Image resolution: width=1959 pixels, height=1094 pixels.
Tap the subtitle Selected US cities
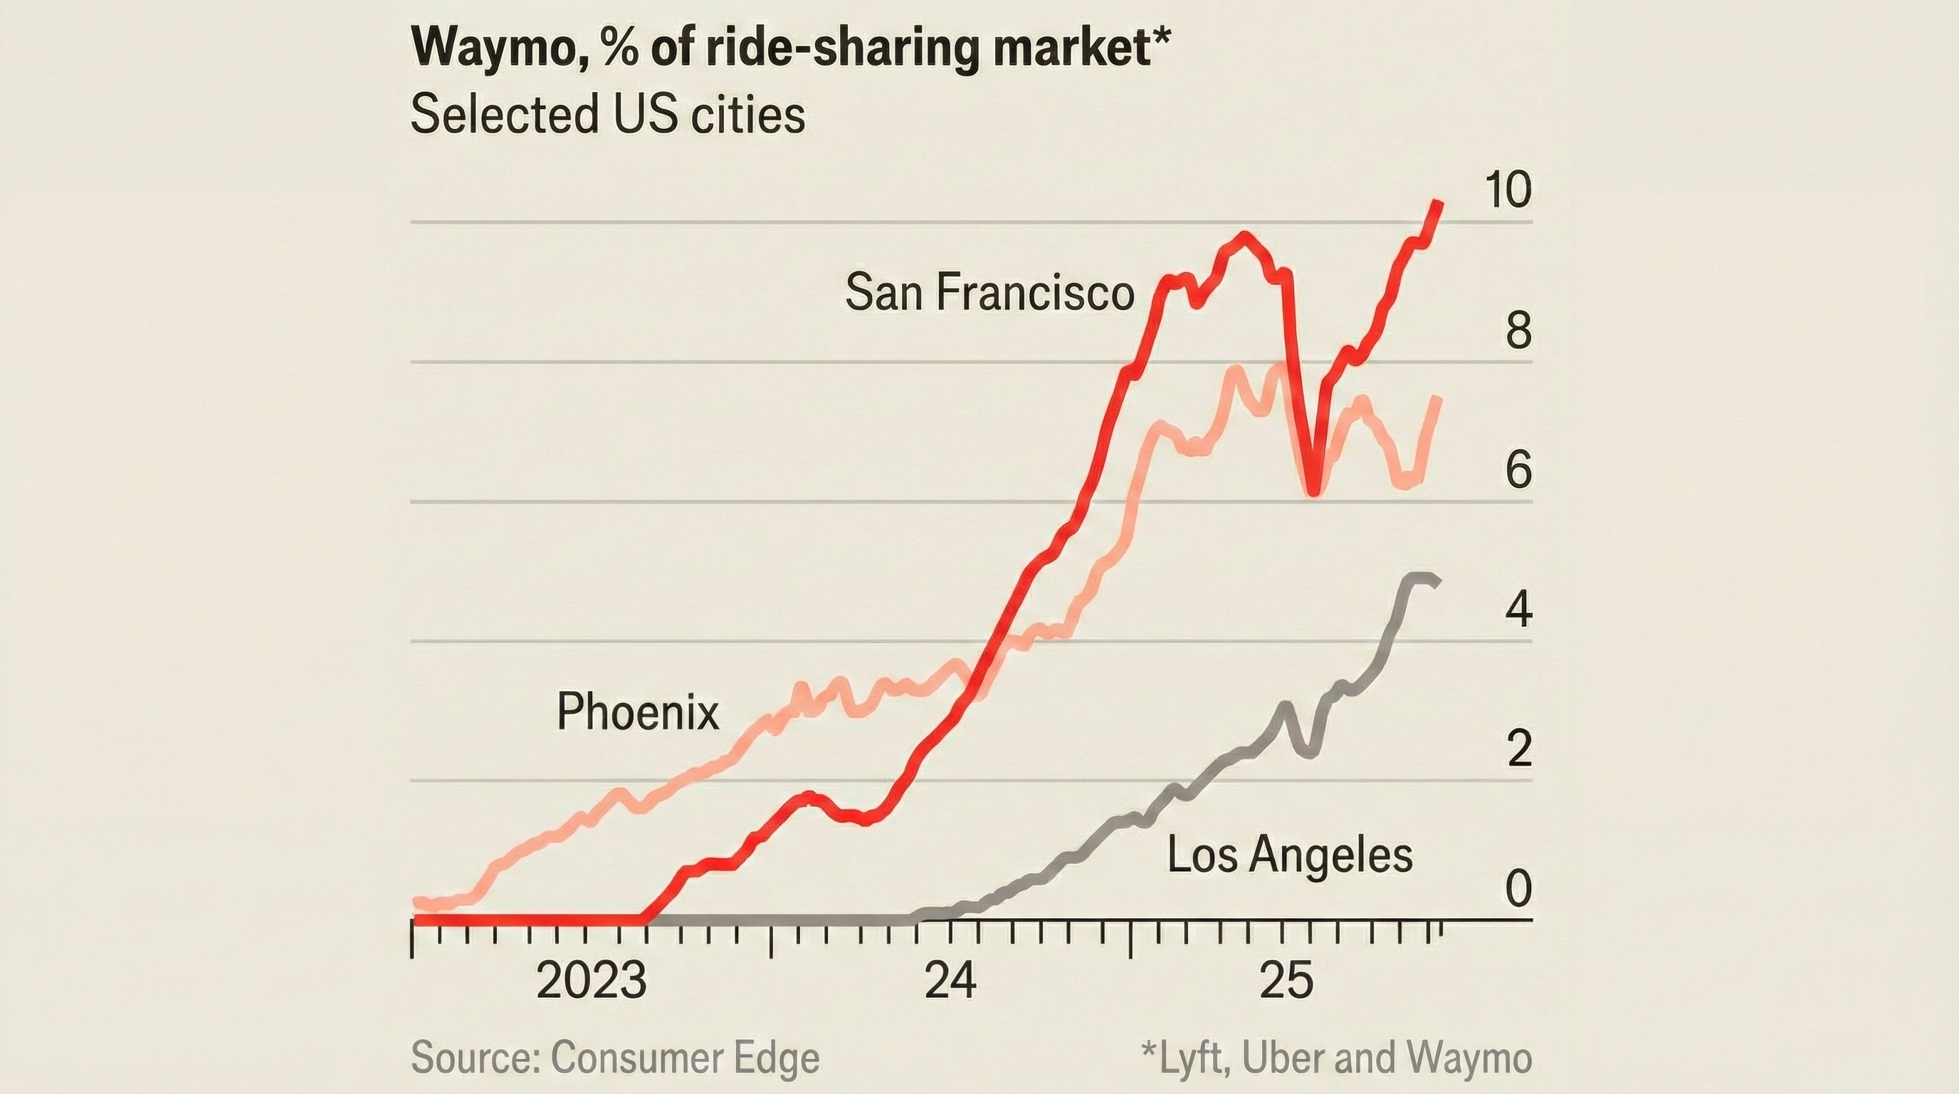pyautogui.click(x=607, y=115)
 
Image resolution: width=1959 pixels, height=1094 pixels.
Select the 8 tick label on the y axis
pyautogui.click(x=1518, y=332)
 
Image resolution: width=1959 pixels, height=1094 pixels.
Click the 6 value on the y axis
pyautogui.click(x=1518, y=472)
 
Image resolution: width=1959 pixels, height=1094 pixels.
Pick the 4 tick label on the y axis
pyautogui.click(x=1518, y=611)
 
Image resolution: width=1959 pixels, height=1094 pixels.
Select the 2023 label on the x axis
pyautogui.click(x=591, y=981)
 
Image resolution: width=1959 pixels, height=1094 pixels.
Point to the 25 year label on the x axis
pyautogui.click(x=1286, y=981)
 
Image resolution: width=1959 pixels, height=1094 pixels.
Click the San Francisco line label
pyautogui.click(x=989, y=292)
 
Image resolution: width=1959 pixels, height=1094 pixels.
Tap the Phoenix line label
pyautogui.click(x=637, y=712)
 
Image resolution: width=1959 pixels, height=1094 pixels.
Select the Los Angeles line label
pyautogui.click(x=1290, y=855)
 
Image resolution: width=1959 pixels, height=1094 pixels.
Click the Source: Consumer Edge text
pyautogui.click(x=615, y=1058)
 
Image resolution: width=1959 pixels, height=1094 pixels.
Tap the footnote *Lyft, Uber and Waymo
pyautogui.click(x=1336, y=1058)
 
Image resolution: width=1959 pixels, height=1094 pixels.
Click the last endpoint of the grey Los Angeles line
pyautogui.click(x=1435, y=583)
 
